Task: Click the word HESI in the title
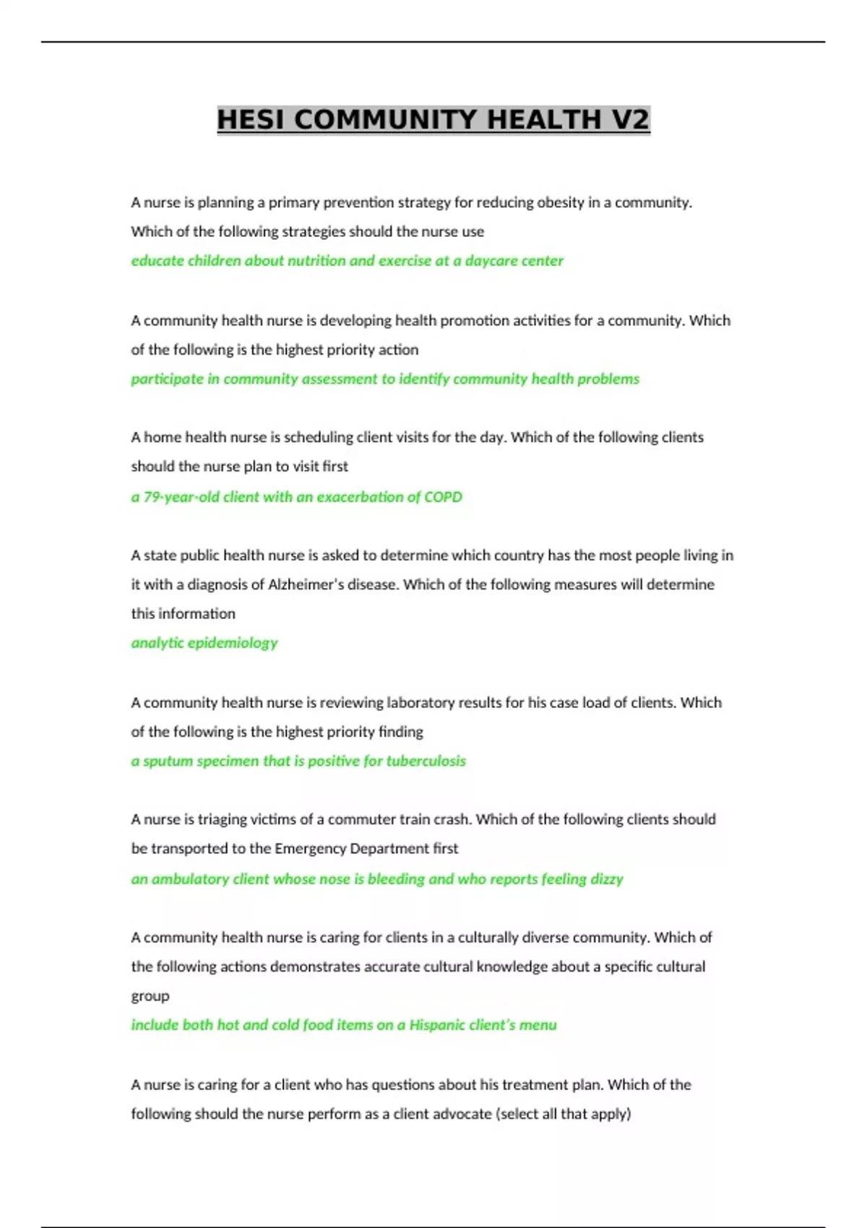coord(251,119)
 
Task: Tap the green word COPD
coord(443,497)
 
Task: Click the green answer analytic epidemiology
coord(204,643)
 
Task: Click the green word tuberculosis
coord(426,761)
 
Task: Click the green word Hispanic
coord(437,1024)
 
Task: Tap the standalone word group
coord(150,996)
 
